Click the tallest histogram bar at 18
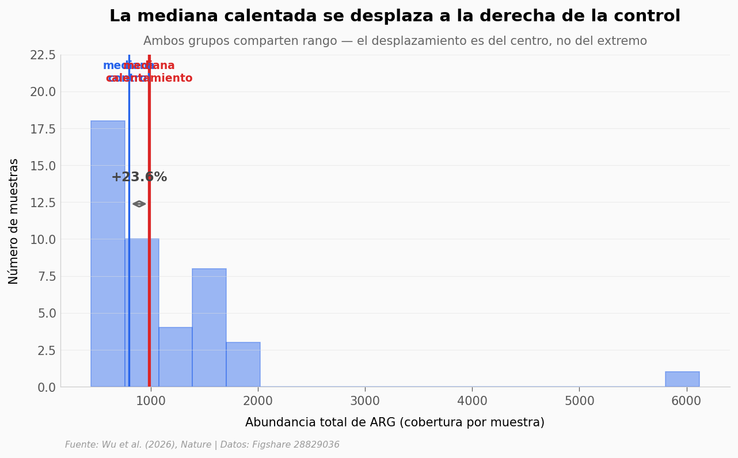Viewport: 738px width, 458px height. point(108,253)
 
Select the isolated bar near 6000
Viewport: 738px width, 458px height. point(682,379)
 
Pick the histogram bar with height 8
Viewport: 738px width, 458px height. point(209,327)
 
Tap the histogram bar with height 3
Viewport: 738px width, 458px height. point(243,364)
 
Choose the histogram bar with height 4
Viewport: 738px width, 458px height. point(176,357)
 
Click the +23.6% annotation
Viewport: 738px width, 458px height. point(139,177)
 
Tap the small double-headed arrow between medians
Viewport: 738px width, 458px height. point(139,204)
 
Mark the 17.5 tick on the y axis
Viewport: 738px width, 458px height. point(43,129)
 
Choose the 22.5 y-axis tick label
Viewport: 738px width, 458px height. point(43,55)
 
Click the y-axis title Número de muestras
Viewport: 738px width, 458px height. point(14,221)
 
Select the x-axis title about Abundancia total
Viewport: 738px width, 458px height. point(394,423)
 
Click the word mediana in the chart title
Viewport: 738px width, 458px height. point(171,16)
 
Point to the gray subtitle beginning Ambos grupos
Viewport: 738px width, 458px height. point(394,41)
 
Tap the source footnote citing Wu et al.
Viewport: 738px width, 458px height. point(202,445)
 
